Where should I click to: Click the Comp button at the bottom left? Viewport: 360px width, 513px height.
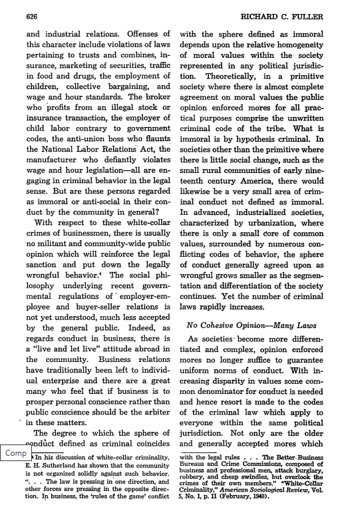(15, 452)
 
